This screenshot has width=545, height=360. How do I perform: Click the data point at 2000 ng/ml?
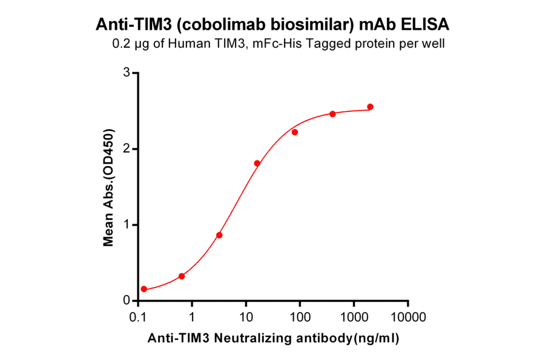click(370, 107)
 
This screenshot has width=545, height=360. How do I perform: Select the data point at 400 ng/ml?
click(332, 114)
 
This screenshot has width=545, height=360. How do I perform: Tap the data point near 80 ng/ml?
click(295, 132)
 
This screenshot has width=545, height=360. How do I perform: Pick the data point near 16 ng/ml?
click(257, 164)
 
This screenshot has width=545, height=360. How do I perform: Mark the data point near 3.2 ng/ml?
click(219, 235)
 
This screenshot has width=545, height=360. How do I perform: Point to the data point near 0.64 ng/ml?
click(182, 276)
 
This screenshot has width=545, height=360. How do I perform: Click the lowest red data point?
click(144, 289)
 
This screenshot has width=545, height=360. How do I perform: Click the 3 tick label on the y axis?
click(127, 73)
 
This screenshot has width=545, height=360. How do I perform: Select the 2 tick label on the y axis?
click(127, 149)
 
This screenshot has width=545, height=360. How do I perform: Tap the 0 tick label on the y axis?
click(127, 301)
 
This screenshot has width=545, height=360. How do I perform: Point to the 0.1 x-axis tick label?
click(138, 317)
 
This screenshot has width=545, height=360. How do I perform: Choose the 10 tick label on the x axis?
click(246, 317)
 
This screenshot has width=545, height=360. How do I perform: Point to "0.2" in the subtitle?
click(122, 44)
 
